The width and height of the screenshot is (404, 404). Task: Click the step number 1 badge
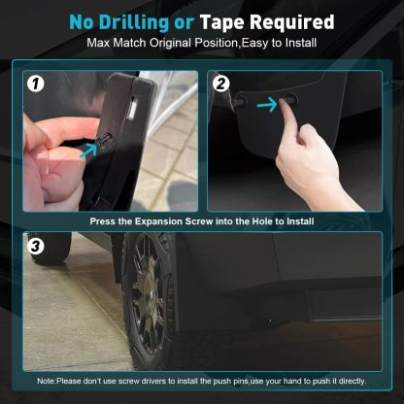point(35,83)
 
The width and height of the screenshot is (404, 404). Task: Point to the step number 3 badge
point(35,246)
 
